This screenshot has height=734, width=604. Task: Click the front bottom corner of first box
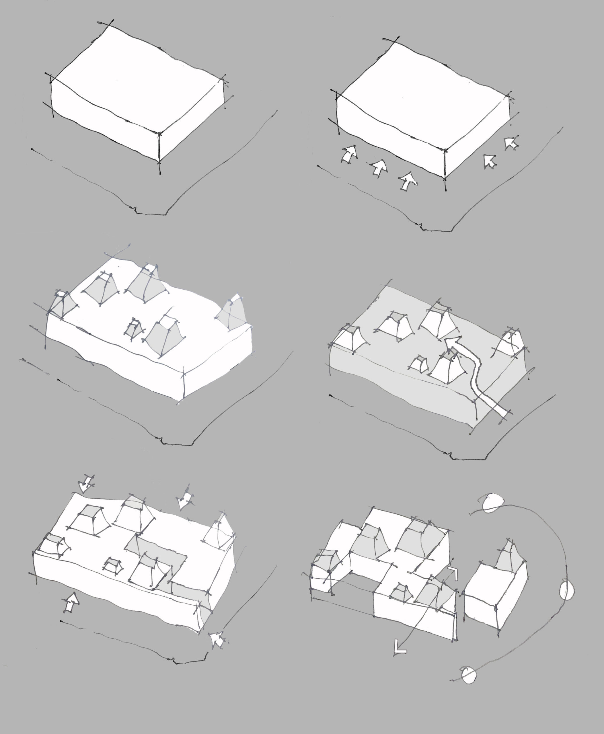159,161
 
